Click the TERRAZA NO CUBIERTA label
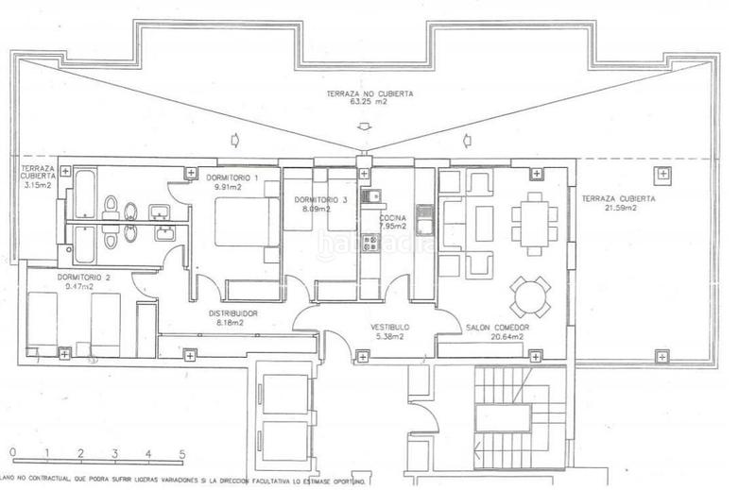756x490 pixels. tap(363, 94)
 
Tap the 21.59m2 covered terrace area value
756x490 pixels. tap(619, 209)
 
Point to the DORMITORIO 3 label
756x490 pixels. tap(319, 200)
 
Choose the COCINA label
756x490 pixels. tap(393, 218)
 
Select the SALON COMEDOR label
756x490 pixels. tap(496, 327)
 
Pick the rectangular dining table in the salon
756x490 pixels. tap(535, 224)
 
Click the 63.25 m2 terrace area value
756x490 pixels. tap(363, 103)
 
